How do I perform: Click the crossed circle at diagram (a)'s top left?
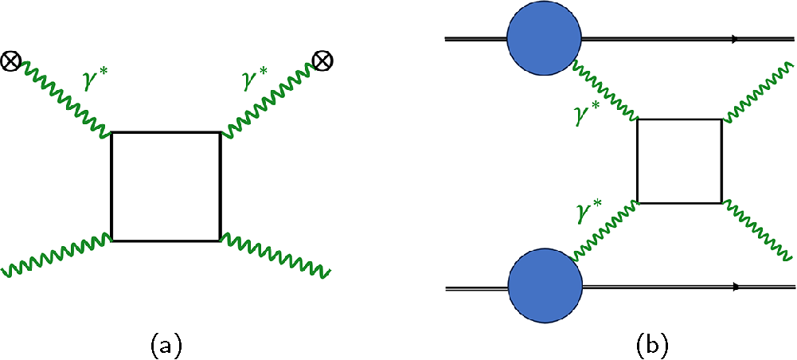12,61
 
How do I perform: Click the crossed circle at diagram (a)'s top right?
322,61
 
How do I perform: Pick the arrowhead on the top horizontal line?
734,38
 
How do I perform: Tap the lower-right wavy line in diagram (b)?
756,231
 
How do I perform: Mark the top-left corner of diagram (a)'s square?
111,132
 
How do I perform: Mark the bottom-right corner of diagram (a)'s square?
219,240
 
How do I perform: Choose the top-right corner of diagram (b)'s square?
721,119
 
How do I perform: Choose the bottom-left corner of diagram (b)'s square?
638,202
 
